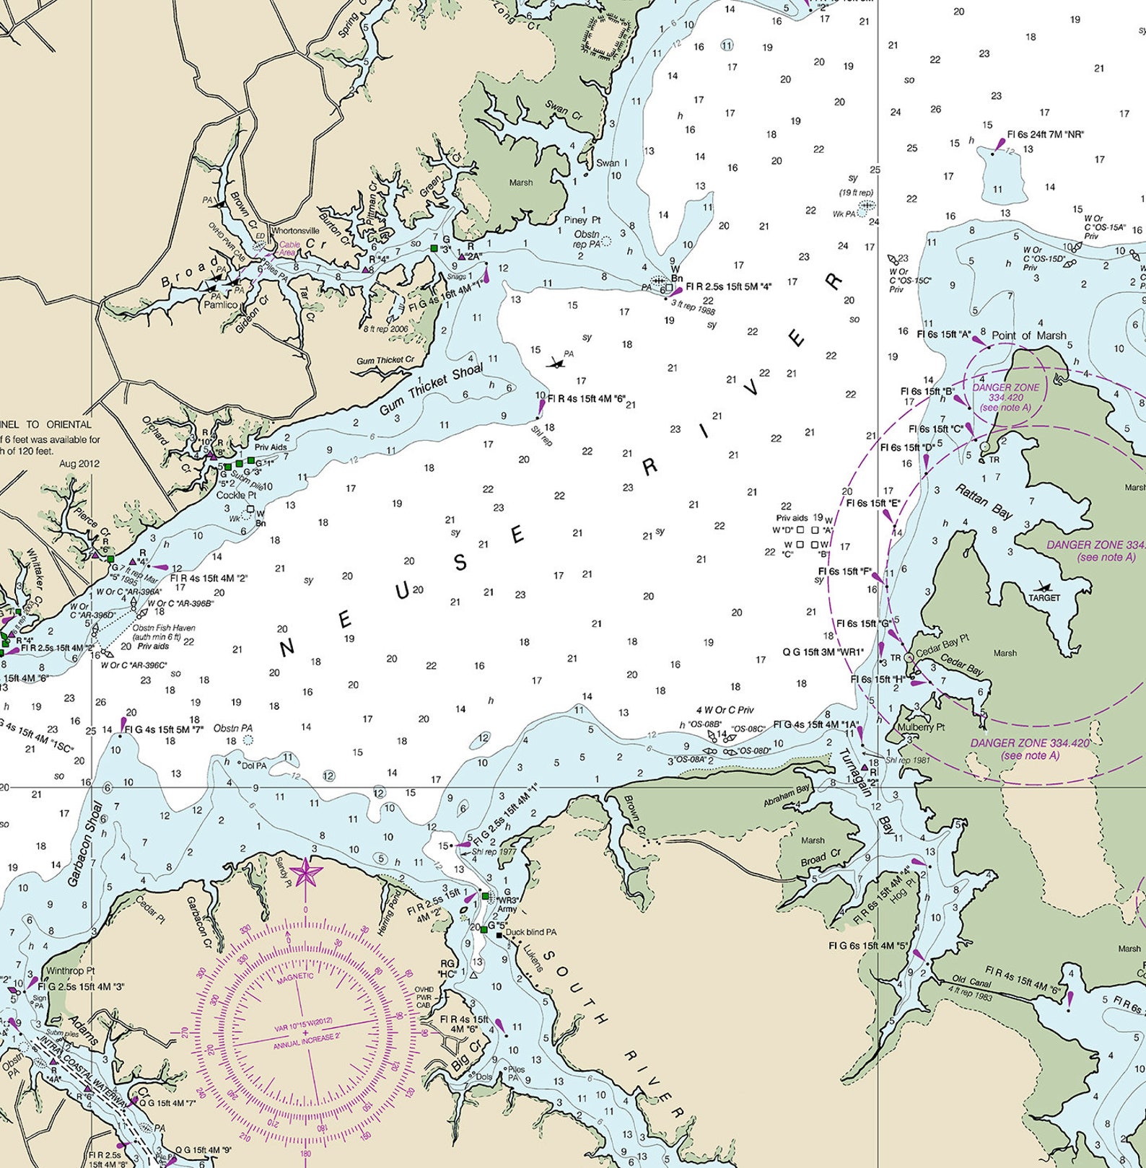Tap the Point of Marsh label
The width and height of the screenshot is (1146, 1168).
click(x=1028, y=335)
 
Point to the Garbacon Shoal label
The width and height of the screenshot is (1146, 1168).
click(x=85, y=843)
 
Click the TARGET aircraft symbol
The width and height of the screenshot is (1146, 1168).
click(x=1044, y=587)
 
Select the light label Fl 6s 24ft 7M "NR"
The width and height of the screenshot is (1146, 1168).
click(x=1045, y=134)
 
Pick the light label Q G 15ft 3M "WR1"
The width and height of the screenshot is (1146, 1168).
click(x=823, y=652)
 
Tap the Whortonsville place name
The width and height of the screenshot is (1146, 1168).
click(x=295, y=231)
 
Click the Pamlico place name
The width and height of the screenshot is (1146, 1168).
click(x=221, y=304)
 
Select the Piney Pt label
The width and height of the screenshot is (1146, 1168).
click(x=582, y=219)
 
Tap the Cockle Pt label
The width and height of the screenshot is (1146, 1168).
click(x=236, y=496)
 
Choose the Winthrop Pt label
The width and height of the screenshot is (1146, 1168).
click(x=70, y=970)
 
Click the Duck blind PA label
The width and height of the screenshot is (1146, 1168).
click(x=530, y=932)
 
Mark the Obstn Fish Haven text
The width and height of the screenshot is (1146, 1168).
click(x=163, y=628)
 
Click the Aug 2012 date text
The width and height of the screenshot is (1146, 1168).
click(x=79, y=464)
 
